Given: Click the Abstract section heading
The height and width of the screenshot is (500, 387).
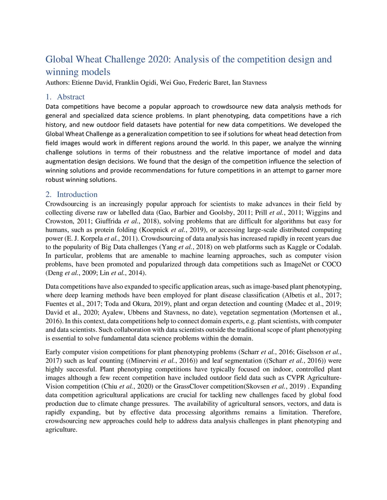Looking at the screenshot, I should click(x=71, y=97).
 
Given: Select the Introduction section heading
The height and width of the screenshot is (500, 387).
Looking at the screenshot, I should click(x=77, y=194).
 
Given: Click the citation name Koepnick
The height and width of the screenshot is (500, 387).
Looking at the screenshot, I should click(x=155, y=230).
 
